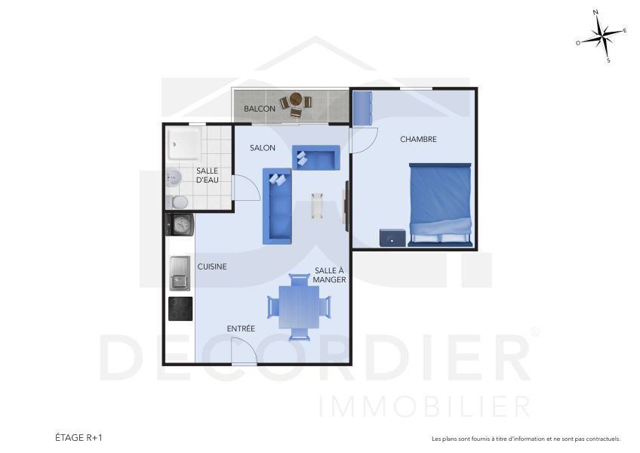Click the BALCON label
pyautogui.click(x=259, y=109)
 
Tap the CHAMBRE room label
pyautogui.click(x=418, y=139)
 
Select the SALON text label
pyautogui.click(x=263, y=148)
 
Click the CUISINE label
pyautogui.click(x=212, y=267)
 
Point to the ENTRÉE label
pyautogui.click(x=241, y=328)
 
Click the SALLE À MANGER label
pyautogui.click(x=331, y=275)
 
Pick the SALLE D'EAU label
pyautogui.click(x=207, y=175)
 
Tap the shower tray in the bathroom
pyautogui.click(x=183, y=143)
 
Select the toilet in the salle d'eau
pyautogui.click(x=177, y=202)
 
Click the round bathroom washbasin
pyautogui.click(x=174, y=178)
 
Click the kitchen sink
pyautogui.click(x=180, y=273)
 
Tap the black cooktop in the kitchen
pyautogui.click(x=180, y=309)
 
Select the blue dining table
pyautogui.click(x=299, y=307)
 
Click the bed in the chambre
pyautogui.click(x=441, y=204)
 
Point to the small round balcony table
pyautogui.click(x=296, y=100)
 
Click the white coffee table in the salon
pyautogui.click(x=317, y=206)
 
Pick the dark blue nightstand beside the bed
pyautogui.click(x=392, y=237)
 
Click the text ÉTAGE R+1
pyautogui.click(x=78, y=437)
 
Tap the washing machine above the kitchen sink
pyautogui.click(x=180, y=225)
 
